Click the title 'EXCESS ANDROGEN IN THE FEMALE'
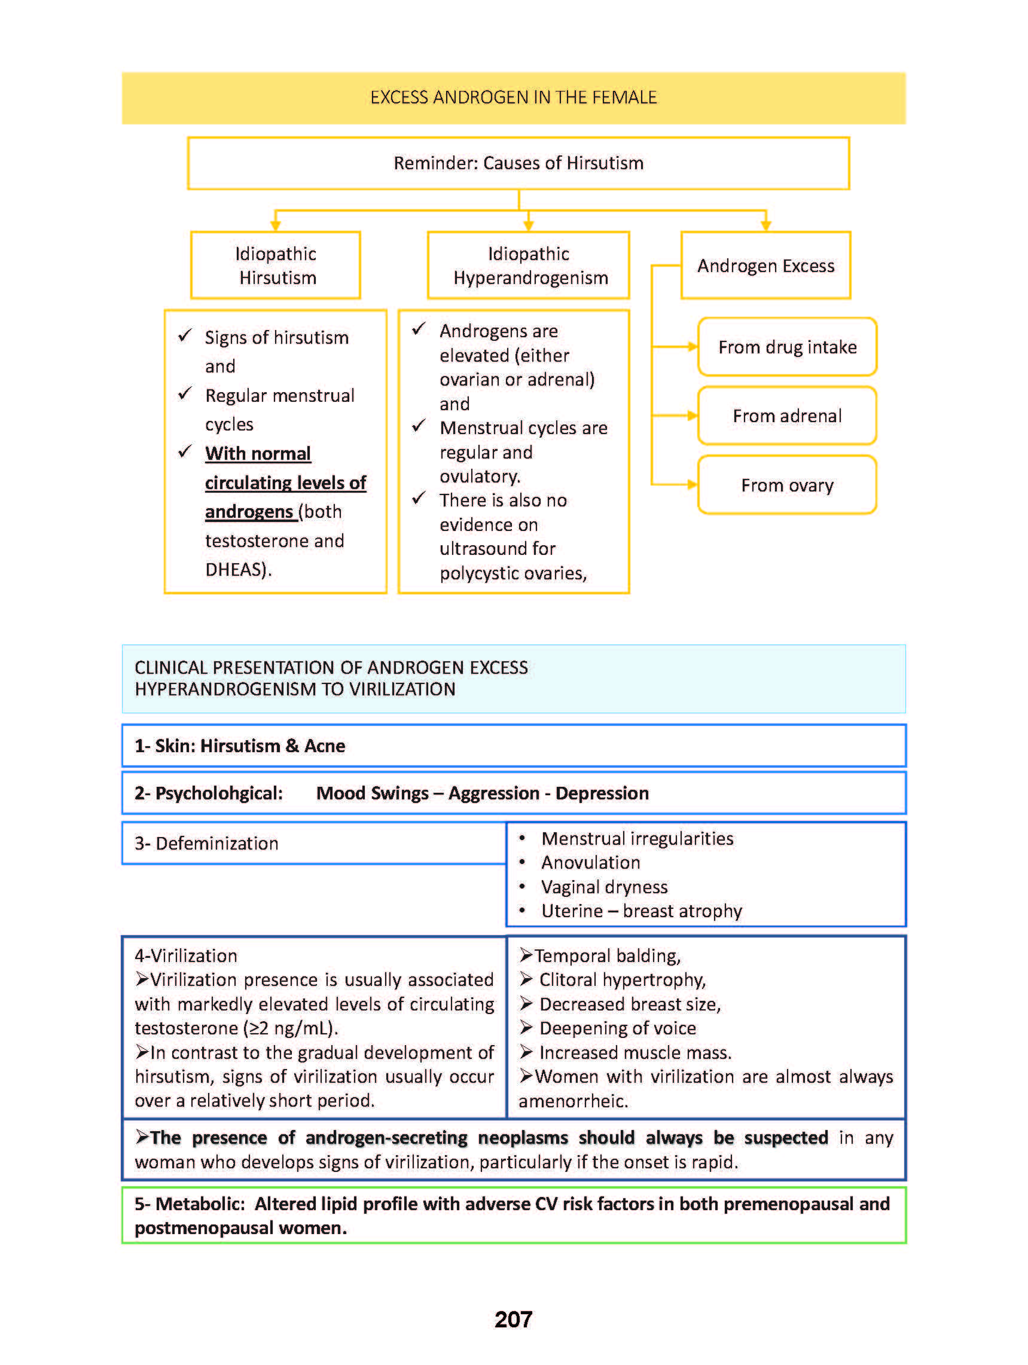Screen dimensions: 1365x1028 tap(513, 97)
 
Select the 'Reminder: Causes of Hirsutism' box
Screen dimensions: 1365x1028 tap(518, 163)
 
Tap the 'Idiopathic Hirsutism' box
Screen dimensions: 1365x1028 tap(276, 265)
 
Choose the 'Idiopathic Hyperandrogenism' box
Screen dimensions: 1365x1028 tap(529, 265)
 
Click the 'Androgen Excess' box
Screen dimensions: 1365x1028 tap(765, 265)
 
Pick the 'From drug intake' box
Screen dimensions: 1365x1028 tap(788, 347)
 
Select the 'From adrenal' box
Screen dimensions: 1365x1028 tap(788, 416)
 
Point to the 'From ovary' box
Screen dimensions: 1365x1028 tap(788, 485)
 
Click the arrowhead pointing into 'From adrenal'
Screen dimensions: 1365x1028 tap(693, 416)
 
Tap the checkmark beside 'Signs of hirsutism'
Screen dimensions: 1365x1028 tap(185, 335)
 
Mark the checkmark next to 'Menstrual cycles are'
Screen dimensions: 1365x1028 tap(419, 426)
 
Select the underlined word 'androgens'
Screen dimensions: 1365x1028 tap(249, 512)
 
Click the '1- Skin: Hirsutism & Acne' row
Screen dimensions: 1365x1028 tap(513, 746)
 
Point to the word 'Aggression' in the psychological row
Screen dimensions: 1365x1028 tap(493, 793)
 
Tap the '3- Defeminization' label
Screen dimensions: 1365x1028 tap(207, 844)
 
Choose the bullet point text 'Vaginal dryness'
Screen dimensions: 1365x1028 tap(604, 887)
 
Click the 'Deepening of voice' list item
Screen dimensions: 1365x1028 tap(617, 1028)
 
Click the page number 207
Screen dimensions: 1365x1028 tap(513, 1320)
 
